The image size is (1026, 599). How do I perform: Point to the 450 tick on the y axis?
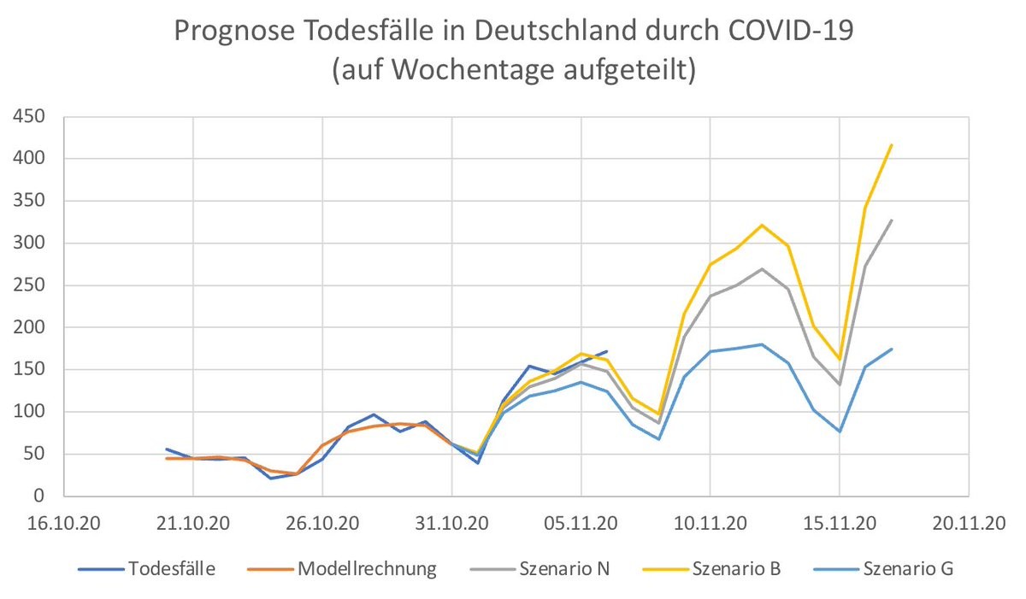35,117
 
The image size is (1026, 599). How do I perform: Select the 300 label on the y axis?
35,244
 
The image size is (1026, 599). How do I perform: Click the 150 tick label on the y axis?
35,370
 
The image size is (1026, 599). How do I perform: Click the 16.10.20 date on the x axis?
64,523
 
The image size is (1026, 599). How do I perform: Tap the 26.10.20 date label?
322,523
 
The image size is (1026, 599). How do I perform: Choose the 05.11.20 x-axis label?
581,523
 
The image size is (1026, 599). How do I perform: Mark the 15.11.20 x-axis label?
839,523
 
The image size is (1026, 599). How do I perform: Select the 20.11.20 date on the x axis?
968,523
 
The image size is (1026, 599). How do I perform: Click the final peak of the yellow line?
892,144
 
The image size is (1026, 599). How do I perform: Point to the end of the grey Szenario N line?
892,220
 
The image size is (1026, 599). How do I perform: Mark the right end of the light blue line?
892,349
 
